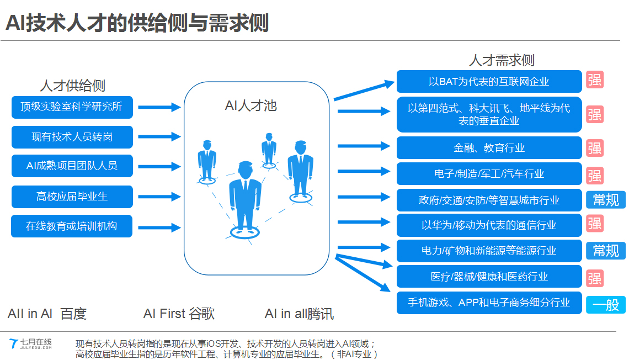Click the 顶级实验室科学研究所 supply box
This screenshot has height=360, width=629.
72,107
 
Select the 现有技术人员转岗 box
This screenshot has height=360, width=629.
72,137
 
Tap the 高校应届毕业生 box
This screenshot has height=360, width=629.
72,197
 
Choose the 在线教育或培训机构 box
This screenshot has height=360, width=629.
72,226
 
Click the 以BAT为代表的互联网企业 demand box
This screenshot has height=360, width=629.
489,82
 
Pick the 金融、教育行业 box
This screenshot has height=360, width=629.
489,147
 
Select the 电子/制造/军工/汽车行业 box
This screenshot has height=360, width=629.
489,174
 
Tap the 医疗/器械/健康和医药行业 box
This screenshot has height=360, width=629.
489,277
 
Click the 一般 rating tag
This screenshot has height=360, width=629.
606,305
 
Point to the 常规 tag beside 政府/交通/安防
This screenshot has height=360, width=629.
606,199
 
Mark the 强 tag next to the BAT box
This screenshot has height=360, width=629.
594,80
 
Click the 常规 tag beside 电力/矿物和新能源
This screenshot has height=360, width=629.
606,251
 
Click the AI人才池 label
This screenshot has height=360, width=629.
250,105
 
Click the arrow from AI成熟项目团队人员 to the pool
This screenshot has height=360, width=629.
159,166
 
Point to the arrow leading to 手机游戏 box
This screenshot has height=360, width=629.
363,273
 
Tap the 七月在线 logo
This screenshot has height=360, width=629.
30,343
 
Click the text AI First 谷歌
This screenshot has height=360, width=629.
179,314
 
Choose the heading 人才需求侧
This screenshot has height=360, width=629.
502,60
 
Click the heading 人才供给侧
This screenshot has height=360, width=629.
72,86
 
